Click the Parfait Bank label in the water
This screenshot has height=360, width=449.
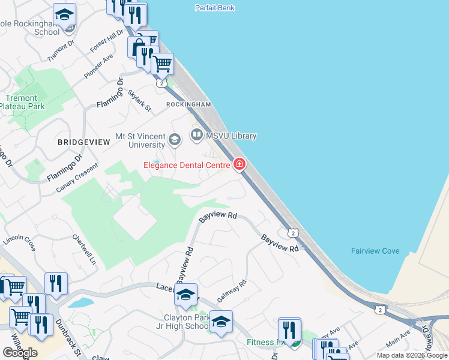[x=215, y=8]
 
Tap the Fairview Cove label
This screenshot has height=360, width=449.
[x=375, y=251]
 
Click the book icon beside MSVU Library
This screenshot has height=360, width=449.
[x=197, y=136]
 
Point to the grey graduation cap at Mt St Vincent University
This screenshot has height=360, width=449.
[x=175, y=140]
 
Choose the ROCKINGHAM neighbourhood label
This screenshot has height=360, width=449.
[x=188, y=104]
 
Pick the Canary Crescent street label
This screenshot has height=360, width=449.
[x=77, y=179]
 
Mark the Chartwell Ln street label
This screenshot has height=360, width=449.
[x=85, y=249]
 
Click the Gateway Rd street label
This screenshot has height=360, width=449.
[x=232, y=290]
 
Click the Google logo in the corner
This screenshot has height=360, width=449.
[x=20, y=353]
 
